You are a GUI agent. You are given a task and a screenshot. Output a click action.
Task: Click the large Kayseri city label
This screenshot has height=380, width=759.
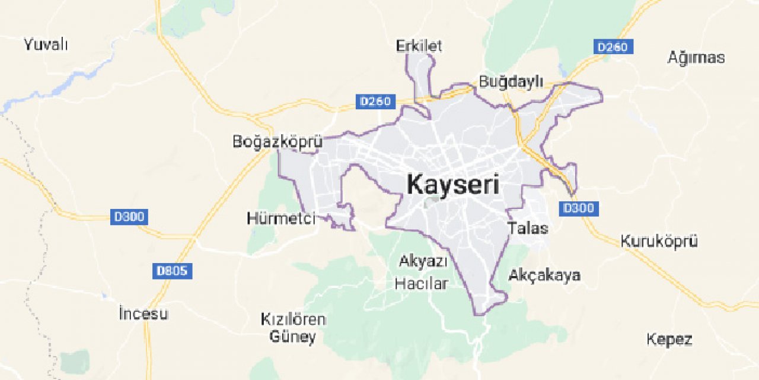(x=453, y=185)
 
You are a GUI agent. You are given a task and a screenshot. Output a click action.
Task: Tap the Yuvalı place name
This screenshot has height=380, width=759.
(x=46, y=44)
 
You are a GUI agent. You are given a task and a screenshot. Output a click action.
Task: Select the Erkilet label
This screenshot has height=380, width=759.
(x=419, y=46)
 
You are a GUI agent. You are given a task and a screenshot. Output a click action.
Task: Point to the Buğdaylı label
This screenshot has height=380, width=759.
(x=511, y=82)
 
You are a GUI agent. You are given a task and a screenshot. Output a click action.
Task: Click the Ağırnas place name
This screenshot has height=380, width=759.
(x=696, y=58)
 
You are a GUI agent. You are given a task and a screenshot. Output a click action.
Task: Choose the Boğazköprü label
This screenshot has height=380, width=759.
(x=278, y=142)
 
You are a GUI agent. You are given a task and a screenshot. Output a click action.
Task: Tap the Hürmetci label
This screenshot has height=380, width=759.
(x=281, y=218)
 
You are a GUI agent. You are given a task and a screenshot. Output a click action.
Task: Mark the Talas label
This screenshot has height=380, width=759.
(x=528, y=229)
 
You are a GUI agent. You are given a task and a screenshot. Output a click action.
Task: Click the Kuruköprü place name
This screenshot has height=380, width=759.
(x=659, y=242)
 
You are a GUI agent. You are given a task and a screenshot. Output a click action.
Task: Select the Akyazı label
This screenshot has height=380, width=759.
(x=423, y=261)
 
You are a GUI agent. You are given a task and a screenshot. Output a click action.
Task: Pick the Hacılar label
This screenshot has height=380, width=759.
(x=421, y=284)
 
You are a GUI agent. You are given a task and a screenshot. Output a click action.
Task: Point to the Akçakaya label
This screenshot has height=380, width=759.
(x=545, y=275)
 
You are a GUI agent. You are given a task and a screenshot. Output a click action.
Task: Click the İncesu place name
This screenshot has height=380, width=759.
(x=143, y=313)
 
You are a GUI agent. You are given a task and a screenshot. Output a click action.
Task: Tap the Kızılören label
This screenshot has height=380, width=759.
(x=293, y=319)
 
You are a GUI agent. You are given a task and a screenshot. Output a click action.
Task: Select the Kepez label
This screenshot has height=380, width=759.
(x=669, y=340)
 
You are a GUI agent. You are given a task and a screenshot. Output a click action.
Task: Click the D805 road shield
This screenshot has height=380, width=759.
(x=172, y=271)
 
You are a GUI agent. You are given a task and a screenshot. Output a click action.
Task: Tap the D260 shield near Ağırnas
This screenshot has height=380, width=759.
(x=613, y=46)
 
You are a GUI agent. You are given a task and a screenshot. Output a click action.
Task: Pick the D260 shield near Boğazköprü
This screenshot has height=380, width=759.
(x=376, y=102)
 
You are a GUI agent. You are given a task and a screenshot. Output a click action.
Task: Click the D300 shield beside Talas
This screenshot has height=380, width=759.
(x=578, y=208)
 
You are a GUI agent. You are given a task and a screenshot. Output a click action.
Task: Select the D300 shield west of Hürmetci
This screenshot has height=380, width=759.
(x=129, y=217)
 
